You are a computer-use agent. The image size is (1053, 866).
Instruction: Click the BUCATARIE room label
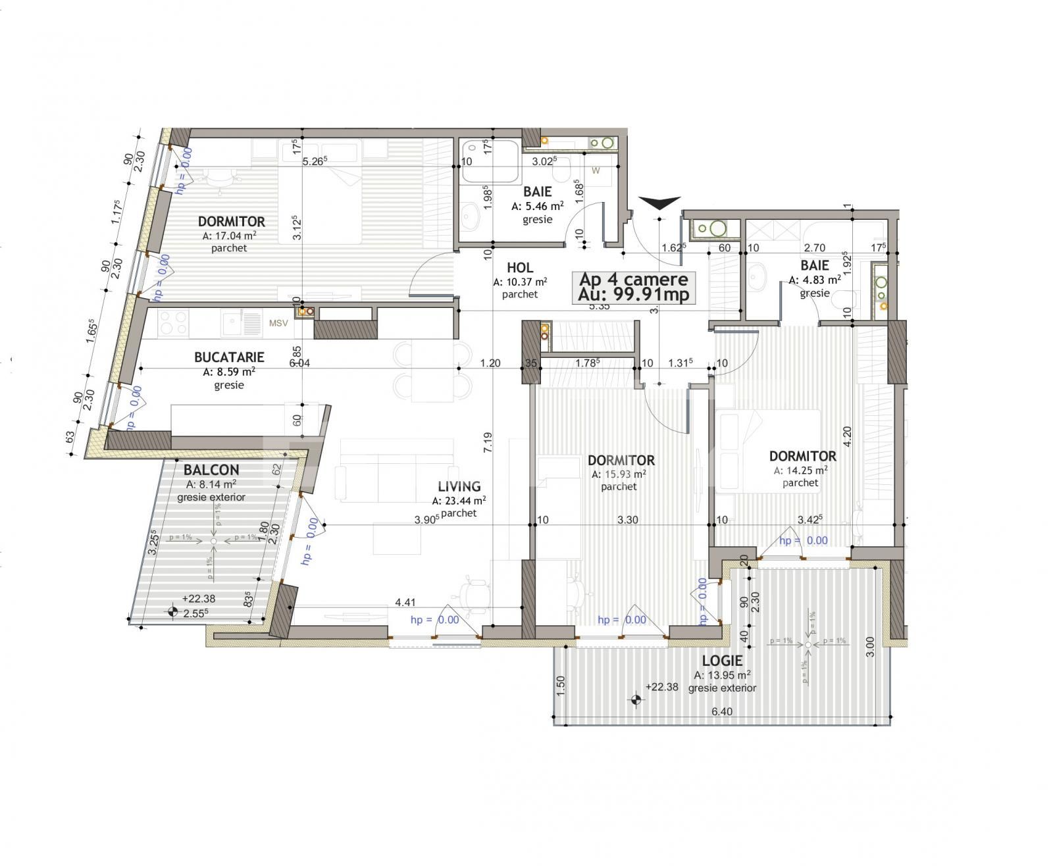pyautogui.click(x=229, y=357)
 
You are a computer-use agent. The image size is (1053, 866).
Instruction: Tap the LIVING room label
pyautogui.click(x=459, y=486)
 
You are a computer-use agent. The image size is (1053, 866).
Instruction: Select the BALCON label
pyautogui.click(x=211, y=470)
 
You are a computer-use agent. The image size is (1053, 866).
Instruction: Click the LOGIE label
pyautogui.click(x=722, y=661)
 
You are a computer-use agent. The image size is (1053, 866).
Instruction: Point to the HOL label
pyautogui.click(x=520, y=268)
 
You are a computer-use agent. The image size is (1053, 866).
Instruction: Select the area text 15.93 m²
pyautogui.click(x=621, y=474)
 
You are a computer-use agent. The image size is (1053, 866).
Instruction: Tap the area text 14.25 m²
pyautogui.click(x=804, y=470)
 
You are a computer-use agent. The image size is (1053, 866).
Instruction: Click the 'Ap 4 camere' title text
pyautogui.click(x=633, y=280)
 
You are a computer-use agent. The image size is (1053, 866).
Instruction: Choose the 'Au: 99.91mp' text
pyautogui.click(x=633, y=295)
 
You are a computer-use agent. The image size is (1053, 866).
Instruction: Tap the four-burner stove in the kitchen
pyautogui.click(x=174, y=323)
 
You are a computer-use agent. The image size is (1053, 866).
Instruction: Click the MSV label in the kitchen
pyautogui.click(x=278, y=323)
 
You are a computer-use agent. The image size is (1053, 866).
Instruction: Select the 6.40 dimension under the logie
pyautogui.click(x=722, y=711)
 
